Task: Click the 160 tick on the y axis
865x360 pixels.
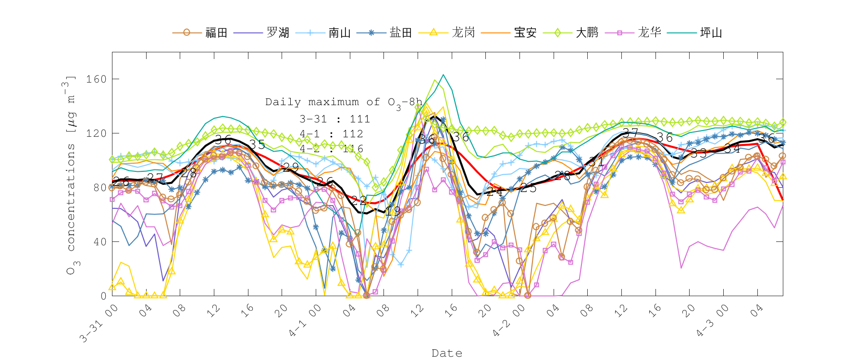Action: [96, 79]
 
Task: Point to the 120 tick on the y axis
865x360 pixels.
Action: [96, 133]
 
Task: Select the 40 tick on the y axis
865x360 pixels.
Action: [99, 242]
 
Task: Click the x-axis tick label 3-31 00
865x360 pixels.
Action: [99, 324]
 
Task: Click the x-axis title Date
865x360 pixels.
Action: [447, 353]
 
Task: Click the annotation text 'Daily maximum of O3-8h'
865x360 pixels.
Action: [344, 102]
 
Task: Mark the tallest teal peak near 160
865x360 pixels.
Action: [444, 75]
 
